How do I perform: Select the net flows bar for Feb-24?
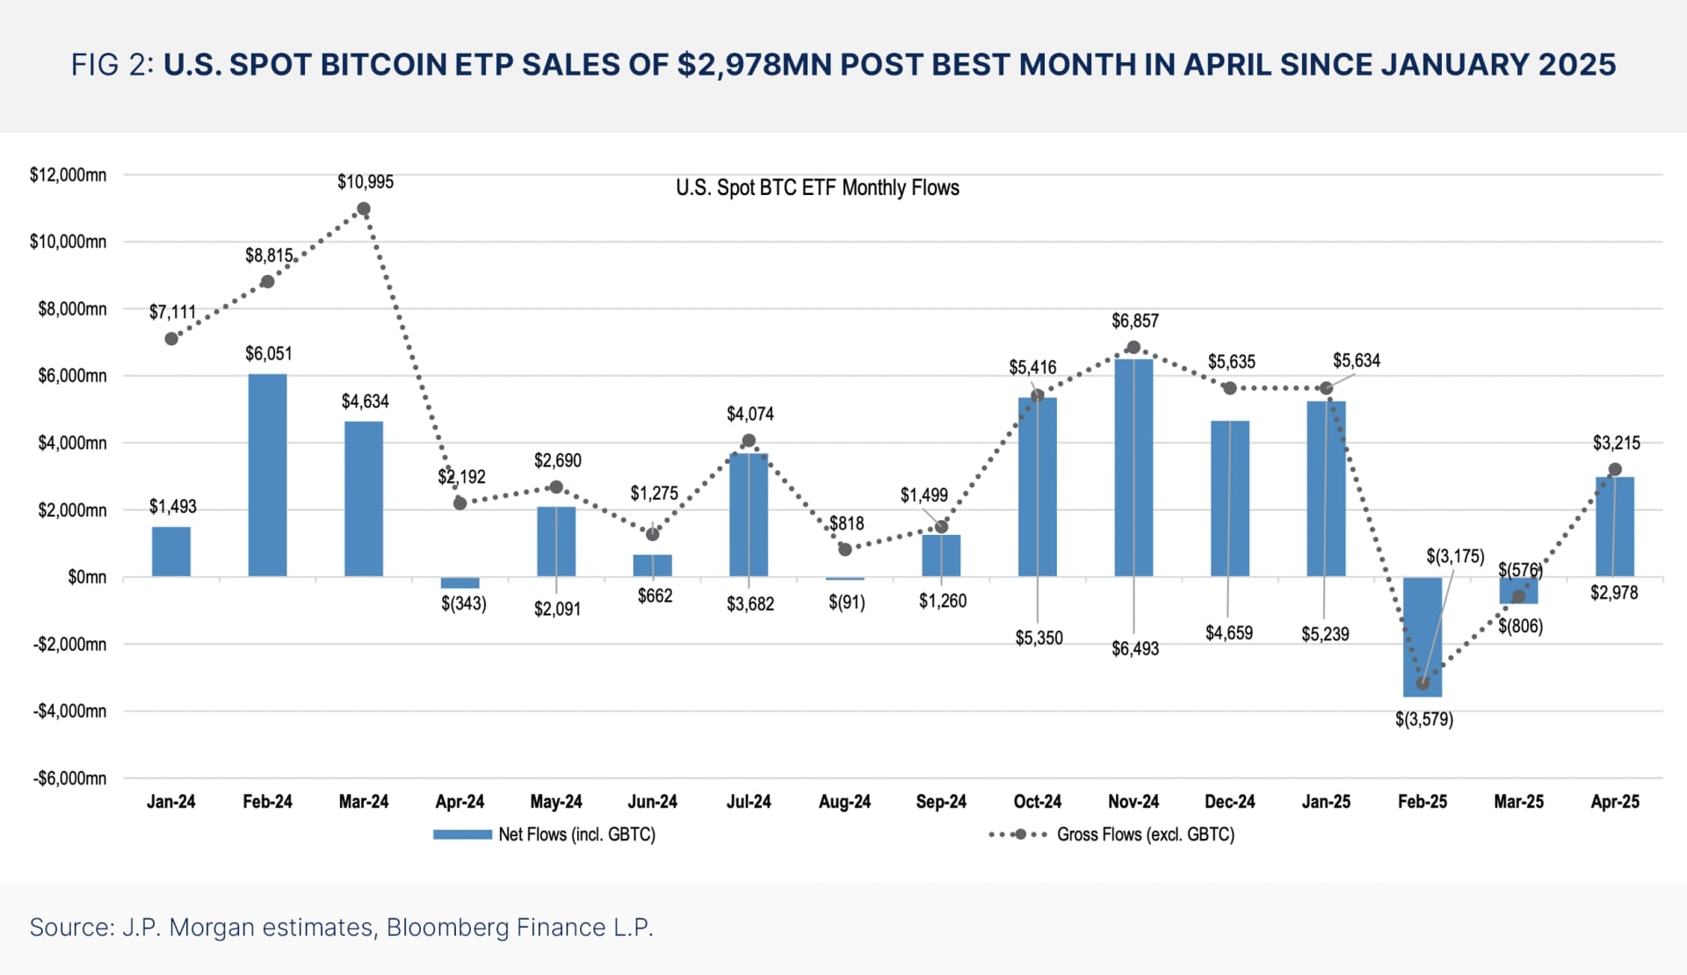coord(267,475)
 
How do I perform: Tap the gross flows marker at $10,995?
coord(364,209)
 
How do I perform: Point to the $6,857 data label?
coord(1134,321)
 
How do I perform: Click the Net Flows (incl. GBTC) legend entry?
coord(545,834)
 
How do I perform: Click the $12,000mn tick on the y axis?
coord(68,175)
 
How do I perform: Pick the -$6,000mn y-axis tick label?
coord(69,778)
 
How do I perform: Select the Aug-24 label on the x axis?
coord(844,801)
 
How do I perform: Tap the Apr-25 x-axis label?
coord(1614,801)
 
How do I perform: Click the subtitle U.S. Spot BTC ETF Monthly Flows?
coord(817,187)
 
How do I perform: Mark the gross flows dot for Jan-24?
coord(171,338)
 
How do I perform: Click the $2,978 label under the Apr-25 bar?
coord(1614,593)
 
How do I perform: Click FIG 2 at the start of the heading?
coord(113,65)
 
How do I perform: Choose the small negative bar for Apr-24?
coord(460,582)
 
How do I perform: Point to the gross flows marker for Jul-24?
coord(749,441)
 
